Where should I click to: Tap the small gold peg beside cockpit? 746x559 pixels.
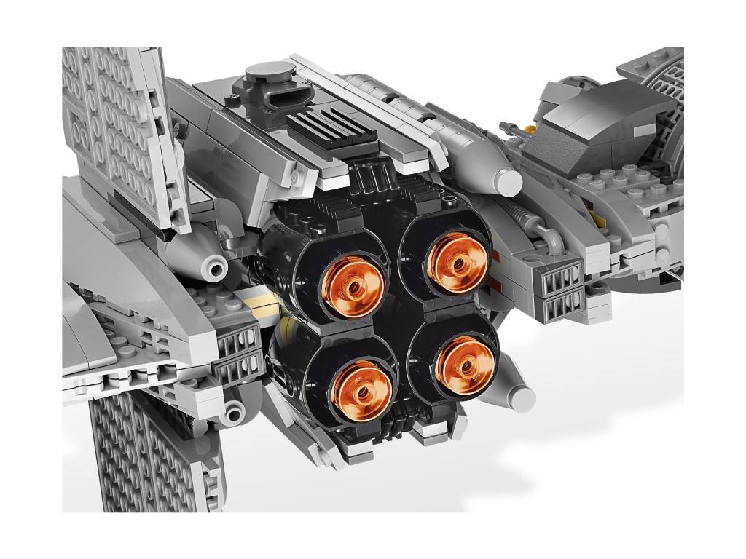522,130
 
